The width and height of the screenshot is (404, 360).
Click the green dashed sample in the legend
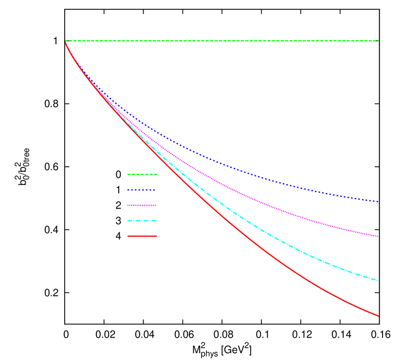[x=142, y=174]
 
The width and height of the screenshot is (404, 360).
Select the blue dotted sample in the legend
[x=141, y=190]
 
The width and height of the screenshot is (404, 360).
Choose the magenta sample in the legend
[x=142, y=205]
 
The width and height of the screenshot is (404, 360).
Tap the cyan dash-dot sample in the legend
[x=142, y=221]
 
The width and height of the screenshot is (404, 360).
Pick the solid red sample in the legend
[x=142, y=236]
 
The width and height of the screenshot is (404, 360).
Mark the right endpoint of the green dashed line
[x=378, y=41]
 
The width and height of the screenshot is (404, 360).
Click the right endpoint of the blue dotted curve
[x=378, y=201]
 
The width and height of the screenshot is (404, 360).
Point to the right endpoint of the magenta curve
[x=378, y=236]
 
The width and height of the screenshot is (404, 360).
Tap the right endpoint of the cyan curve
[x=378, y=281]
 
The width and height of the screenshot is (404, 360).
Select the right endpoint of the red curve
[x=378, y=316]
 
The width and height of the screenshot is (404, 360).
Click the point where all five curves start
[x=66, y=41]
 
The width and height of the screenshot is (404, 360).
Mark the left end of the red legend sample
[x=128, y=236]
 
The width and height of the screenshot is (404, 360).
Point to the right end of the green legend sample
[x=157, y=174]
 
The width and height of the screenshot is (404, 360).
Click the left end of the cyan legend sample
[x=128, y=221]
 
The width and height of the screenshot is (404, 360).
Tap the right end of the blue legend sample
[x=154, y=190]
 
